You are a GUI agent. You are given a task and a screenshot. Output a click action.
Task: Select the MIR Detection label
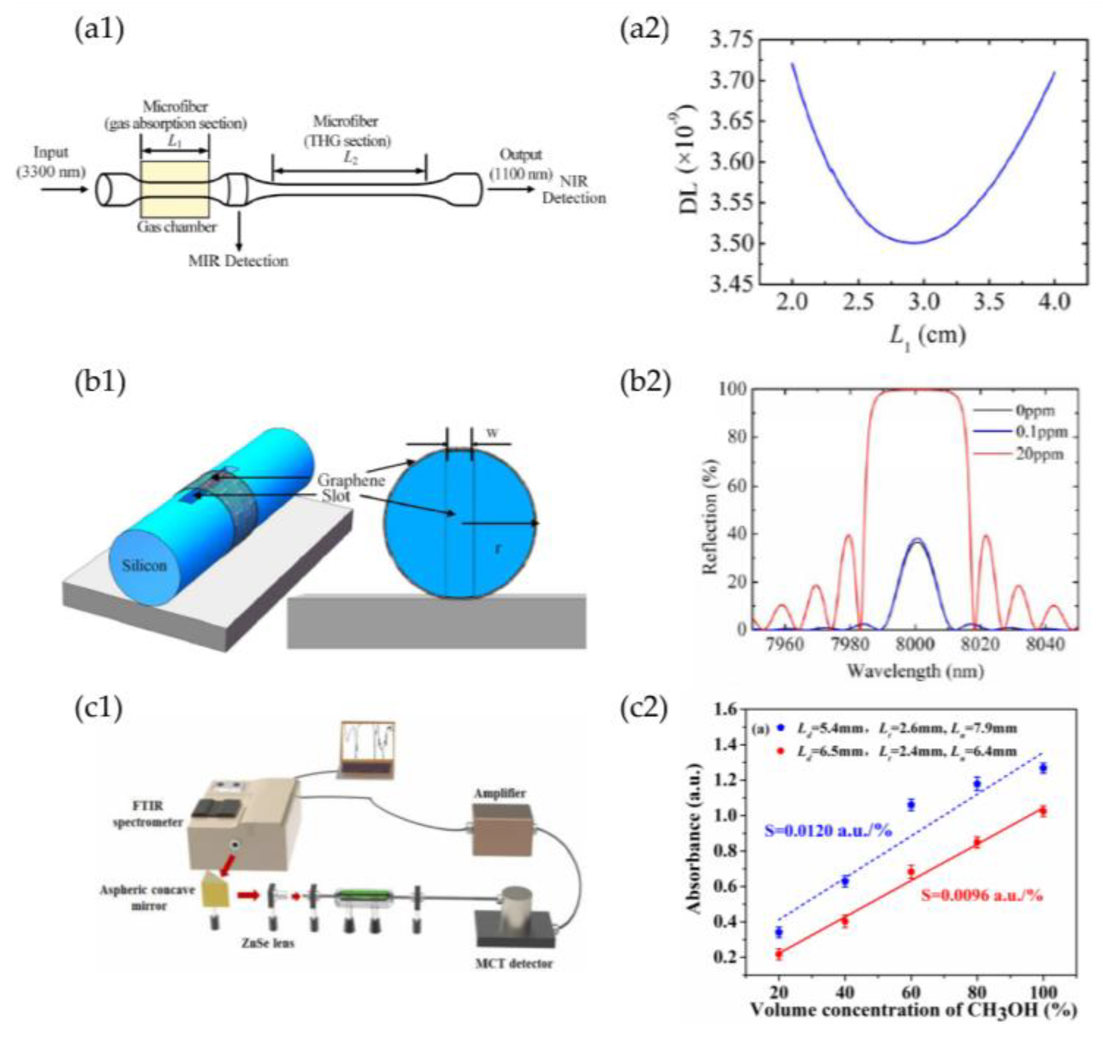coord(238,261)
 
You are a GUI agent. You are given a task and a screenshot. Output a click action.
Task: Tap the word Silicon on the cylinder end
coord(145,566)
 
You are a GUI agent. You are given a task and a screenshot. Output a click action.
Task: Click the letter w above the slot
coord(492,432)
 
